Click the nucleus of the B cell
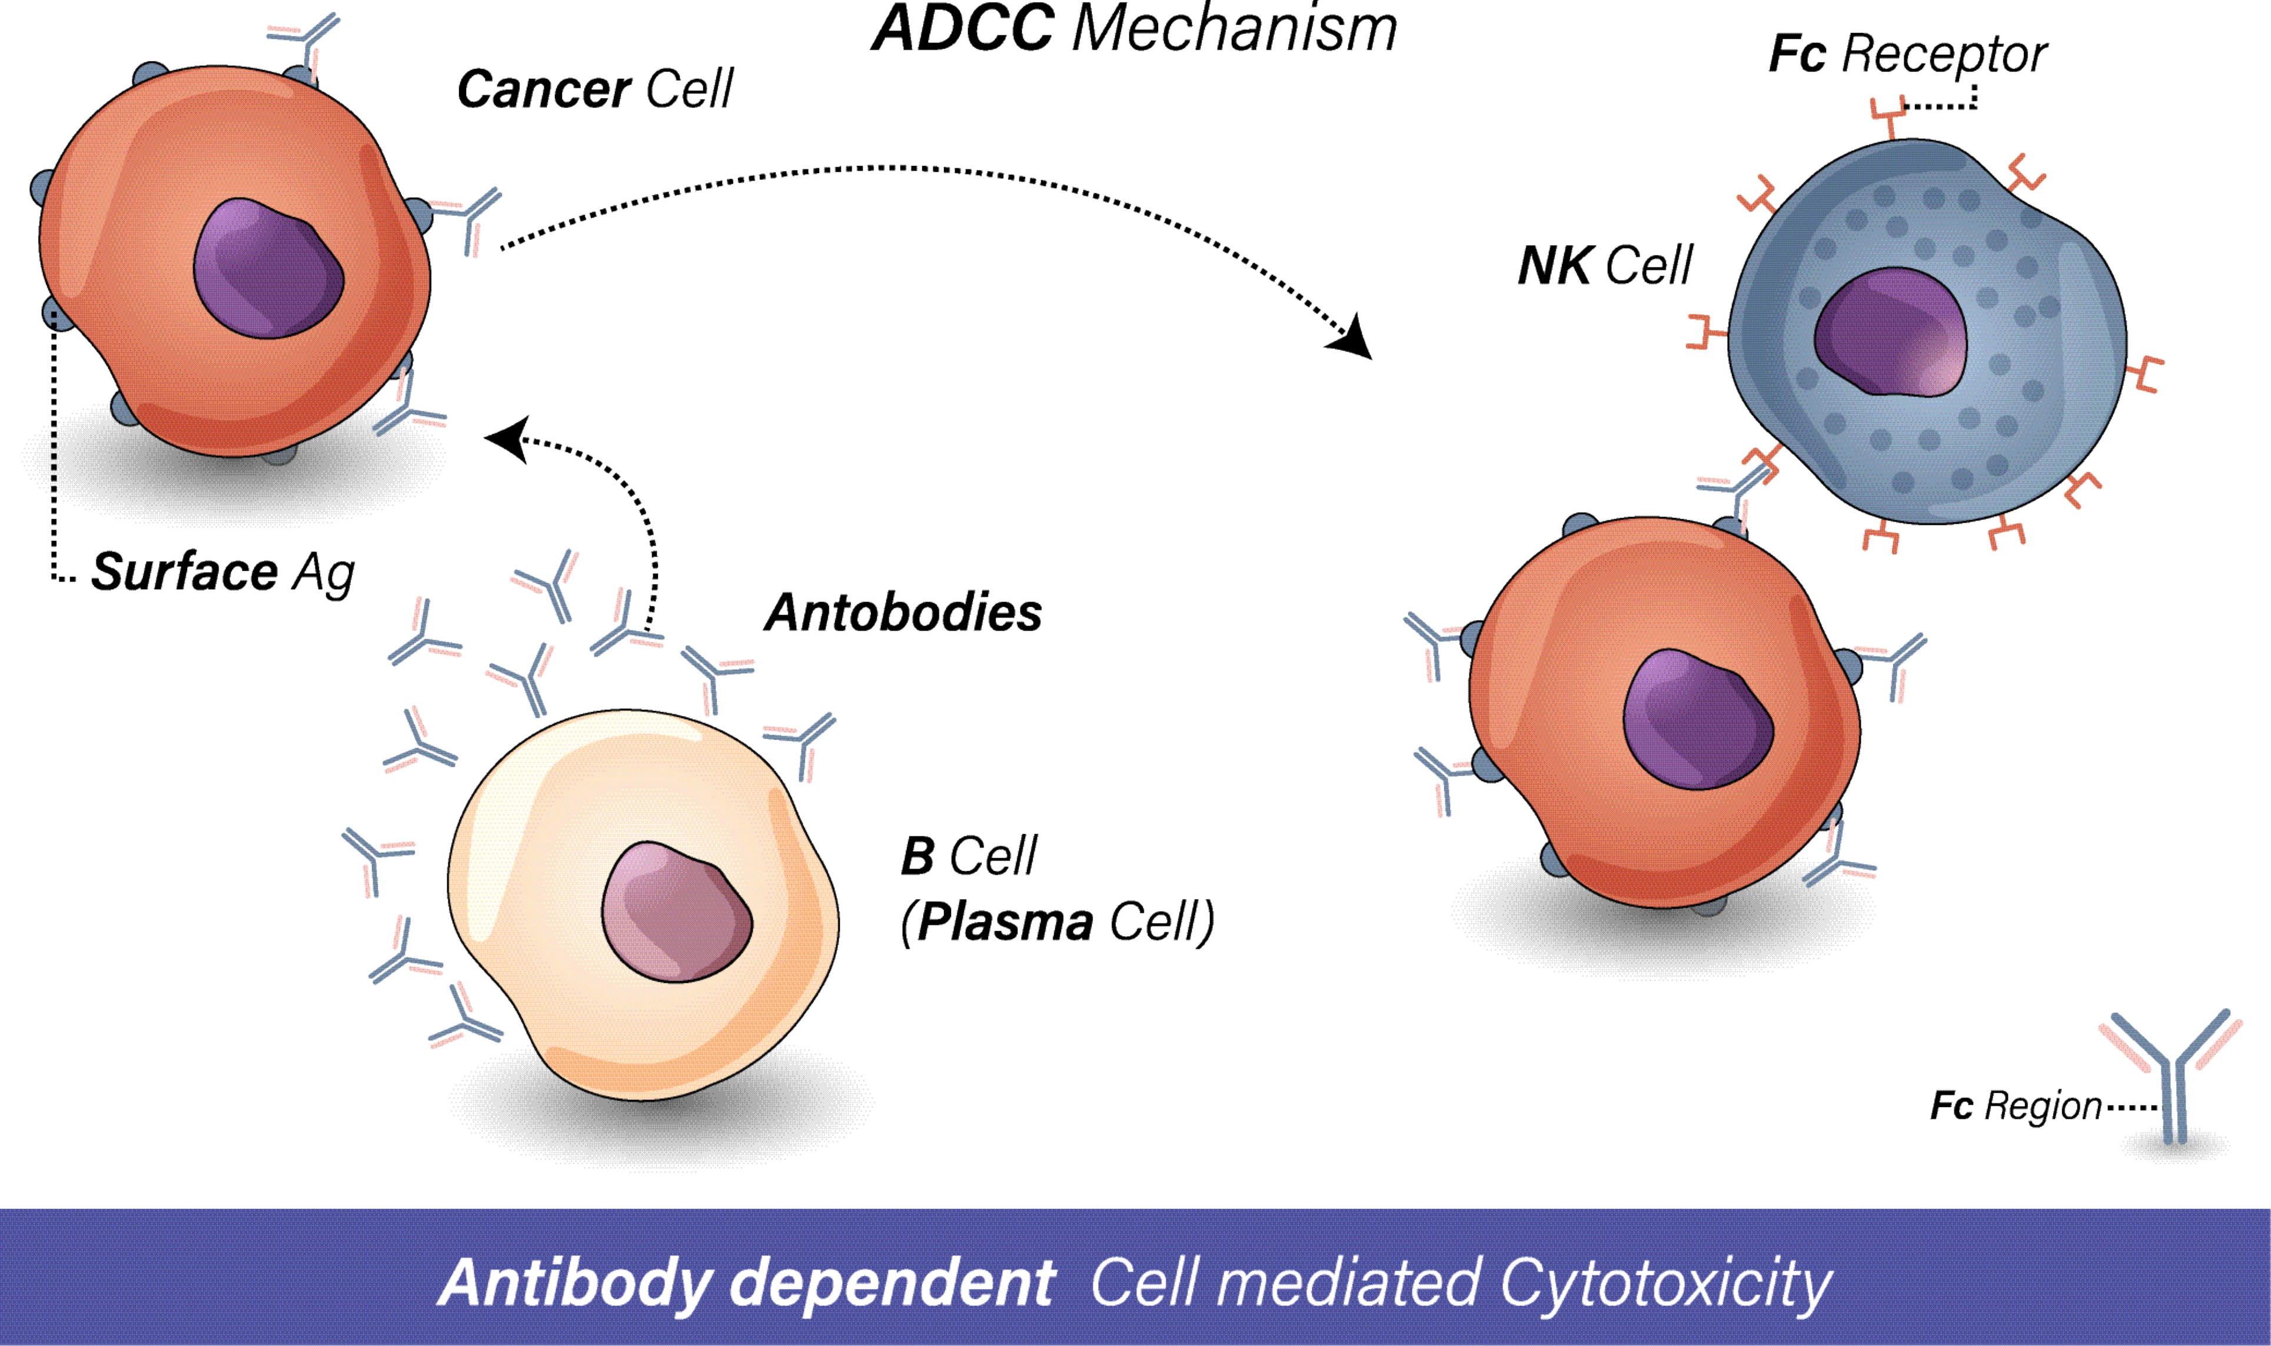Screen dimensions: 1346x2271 point(676,912)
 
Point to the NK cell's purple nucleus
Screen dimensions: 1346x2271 point(1890,333)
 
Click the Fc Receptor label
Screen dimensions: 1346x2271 point(1907,54)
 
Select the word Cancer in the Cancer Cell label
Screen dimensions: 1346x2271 point(543,90)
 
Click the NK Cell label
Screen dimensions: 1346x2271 point(1604,266)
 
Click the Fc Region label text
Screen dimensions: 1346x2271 point(2015,1106)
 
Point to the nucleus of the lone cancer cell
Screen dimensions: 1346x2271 point(268,270)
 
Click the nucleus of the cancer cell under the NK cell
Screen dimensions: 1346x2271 point(1697,720)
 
